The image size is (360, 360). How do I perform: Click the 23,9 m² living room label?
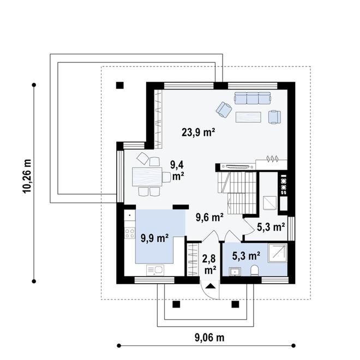point(198,133)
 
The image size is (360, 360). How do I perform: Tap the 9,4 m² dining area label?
point(177,170)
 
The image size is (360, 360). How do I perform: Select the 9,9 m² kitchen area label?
point(154,238)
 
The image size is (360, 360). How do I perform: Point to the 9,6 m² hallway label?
point(209,217)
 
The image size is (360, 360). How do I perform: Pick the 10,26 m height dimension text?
point(27,176)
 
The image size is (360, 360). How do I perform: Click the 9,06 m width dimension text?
point(209,338)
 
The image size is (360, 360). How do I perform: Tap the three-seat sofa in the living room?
point(253,98)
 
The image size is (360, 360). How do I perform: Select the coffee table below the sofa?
point(248,117)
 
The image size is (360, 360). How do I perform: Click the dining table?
point(147,177)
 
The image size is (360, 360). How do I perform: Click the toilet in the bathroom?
point(255,270)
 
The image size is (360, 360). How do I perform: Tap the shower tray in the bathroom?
point(277,253)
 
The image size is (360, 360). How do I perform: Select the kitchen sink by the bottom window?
point(155,270)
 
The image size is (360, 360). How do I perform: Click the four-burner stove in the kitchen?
point(129,233)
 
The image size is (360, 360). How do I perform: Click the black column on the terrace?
point(120,86)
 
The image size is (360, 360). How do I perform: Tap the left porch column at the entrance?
point(176,304)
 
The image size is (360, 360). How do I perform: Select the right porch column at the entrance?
point(235,304)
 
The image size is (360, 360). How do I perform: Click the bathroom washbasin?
point(235,272)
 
